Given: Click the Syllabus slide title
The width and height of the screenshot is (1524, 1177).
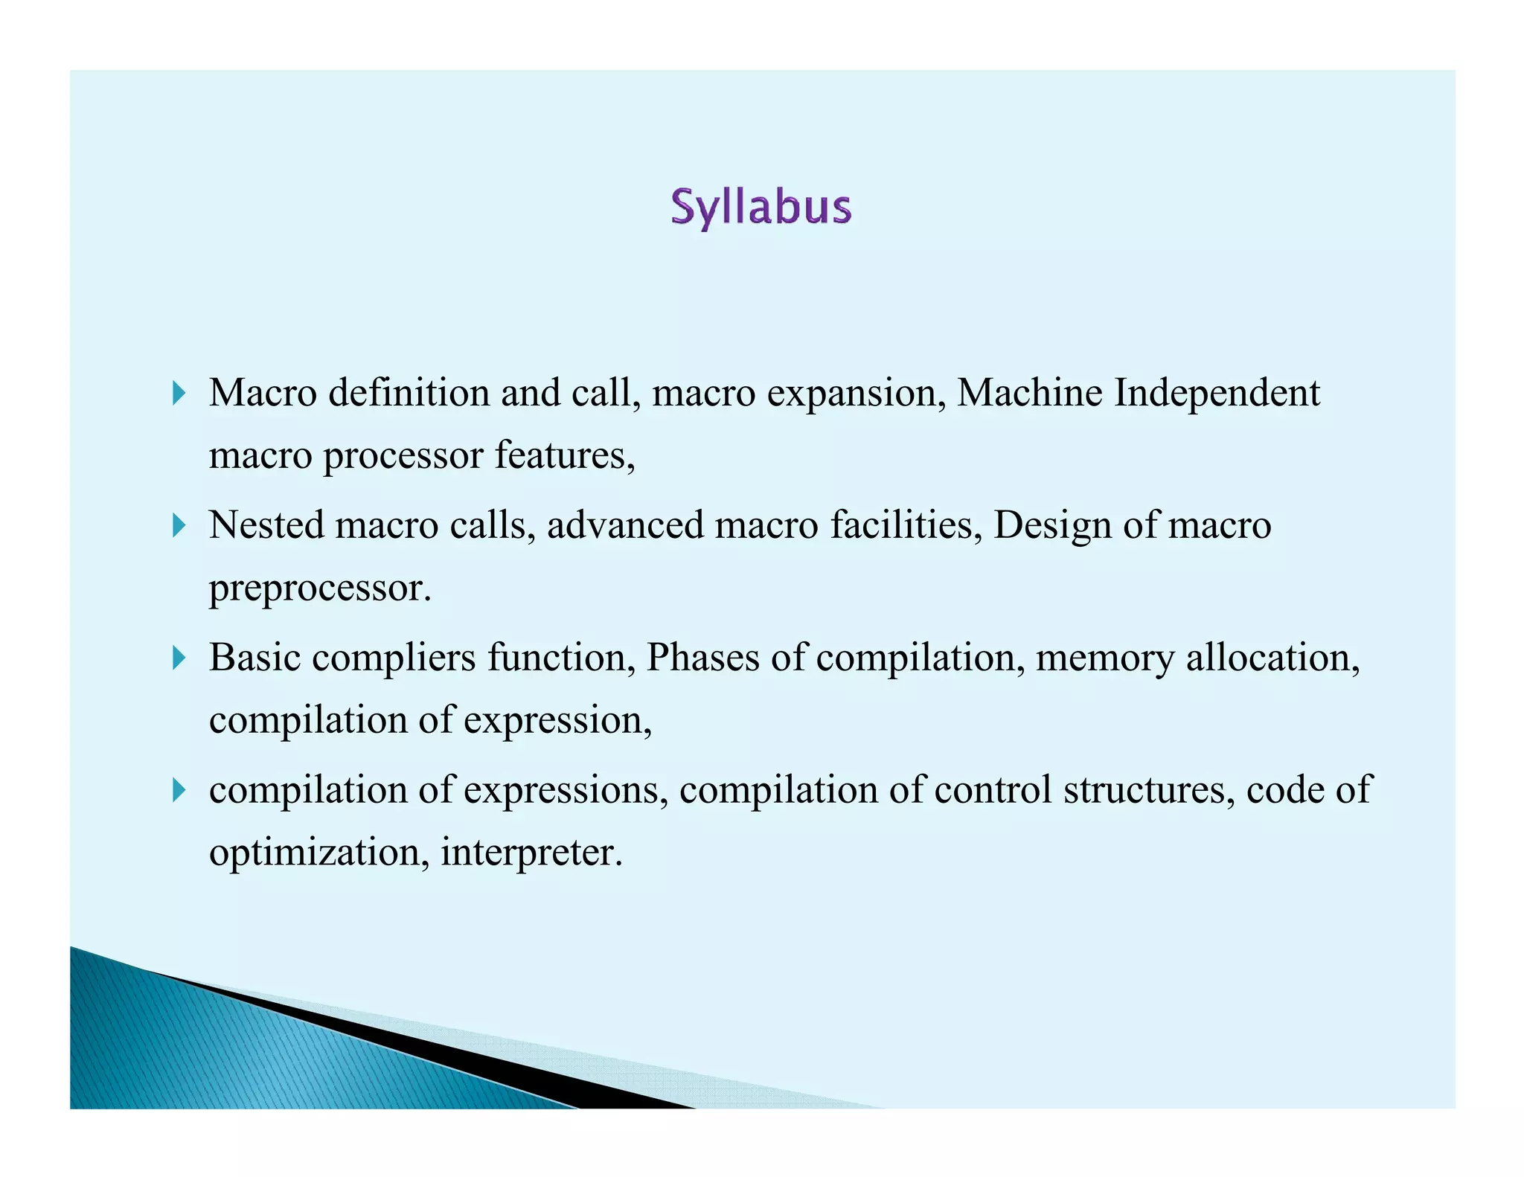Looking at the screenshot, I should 761,208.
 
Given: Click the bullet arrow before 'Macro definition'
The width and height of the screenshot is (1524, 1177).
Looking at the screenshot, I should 179,393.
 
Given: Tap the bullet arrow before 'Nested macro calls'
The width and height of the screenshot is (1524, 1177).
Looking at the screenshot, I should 179,526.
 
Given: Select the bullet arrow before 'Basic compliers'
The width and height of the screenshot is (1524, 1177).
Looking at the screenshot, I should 179,658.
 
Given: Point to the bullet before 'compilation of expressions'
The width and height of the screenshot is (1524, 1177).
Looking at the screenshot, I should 179,789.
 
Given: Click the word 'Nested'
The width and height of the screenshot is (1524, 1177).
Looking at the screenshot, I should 266,525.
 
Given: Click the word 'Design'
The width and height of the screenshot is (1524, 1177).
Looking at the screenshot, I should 1052,525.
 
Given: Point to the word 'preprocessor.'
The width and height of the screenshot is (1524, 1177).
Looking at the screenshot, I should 320,588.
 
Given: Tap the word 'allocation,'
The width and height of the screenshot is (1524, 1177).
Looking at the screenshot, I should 1272,658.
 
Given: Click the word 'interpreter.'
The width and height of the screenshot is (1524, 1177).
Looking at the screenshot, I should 531,852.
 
